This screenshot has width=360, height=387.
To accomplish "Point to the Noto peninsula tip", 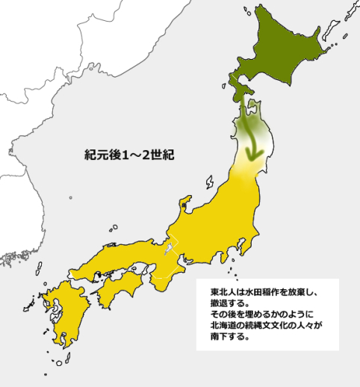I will coord(184,201).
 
